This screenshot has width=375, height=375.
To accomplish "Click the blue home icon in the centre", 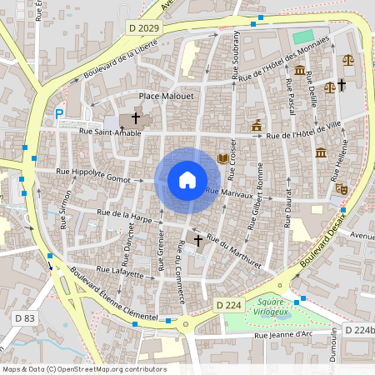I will pyautogui.click(x=187, y=179).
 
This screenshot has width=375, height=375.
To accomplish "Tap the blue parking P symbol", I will pyautogui.click(x=59, y=114).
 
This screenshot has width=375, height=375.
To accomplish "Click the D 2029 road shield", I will pyautogui.click(x=143, y=28).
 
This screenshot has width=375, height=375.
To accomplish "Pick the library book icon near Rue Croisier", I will pyautogui.click(x=222, y=158).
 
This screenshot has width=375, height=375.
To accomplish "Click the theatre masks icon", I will pyautogui.click(x=341, y=188).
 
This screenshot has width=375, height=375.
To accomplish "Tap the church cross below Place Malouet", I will pyautogui.click(x=135, y=119).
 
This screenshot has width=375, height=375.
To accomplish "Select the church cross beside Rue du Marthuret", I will pyautogui.click(x=198, y=241).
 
